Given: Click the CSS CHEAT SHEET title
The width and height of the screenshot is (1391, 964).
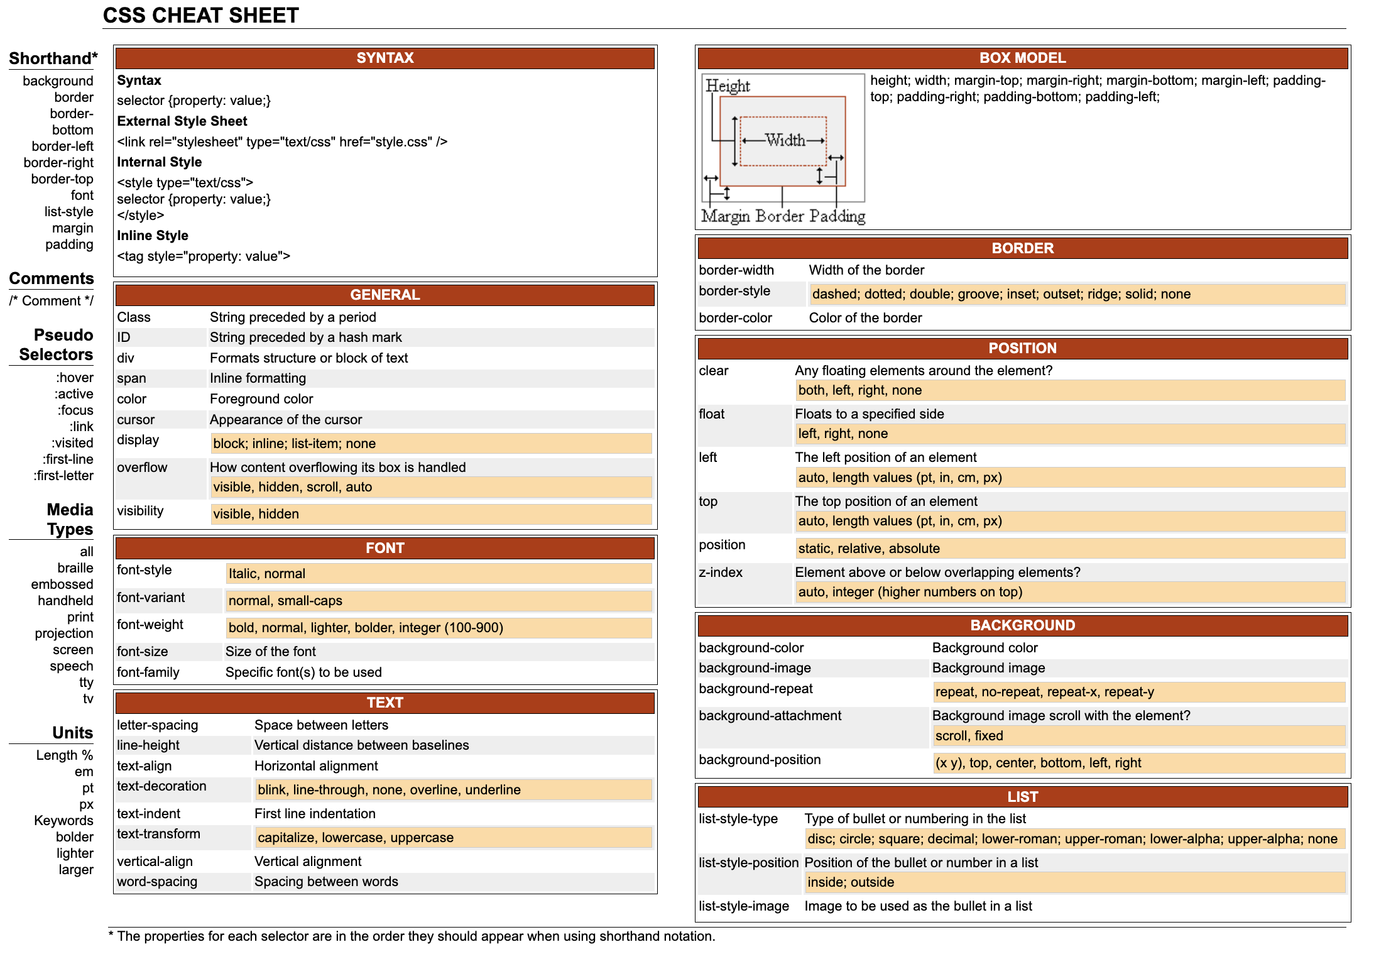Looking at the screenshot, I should point(200,15).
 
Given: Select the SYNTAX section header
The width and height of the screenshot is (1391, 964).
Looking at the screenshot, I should point(385,58).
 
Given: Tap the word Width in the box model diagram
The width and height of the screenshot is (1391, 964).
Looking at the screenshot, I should point(785,140).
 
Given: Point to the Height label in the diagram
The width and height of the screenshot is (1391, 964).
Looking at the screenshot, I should point(728,85).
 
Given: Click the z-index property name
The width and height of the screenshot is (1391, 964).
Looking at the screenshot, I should point(721,572).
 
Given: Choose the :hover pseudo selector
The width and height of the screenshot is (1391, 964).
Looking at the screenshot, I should point(74,378).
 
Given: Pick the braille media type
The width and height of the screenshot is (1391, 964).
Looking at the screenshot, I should point(75,568).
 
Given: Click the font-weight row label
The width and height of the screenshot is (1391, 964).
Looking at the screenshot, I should point(150,625).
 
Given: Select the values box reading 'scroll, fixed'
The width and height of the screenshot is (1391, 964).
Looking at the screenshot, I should point(1138,736).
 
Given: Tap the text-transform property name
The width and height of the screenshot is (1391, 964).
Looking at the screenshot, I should point(158,834).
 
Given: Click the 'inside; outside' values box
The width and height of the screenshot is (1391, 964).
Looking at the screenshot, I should point(1074,882).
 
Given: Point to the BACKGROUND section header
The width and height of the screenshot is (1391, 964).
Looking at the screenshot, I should point(1022,625).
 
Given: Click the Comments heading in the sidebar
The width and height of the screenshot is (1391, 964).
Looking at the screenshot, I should point(52,278).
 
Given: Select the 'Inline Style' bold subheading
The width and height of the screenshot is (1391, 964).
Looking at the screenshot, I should point(153,236).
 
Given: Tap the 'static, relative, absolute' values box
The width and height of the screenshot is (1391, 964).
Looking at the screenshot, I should point(1069,549).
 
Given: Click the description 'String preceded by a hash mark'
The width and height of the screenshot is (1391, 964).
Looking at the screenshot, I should point(305,337).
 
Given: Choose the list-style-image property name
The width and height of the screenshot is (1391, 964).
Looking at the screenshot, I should point(744,906).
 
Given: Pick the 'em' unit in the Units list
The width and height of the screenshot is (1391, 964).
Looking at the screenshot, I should point(84,772).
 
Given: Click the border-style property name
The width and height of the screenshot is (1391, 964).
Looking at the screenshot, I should point(734,291).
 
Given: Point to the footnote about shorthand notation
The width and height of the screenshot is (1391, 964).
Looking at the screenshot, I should point(412,936).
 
